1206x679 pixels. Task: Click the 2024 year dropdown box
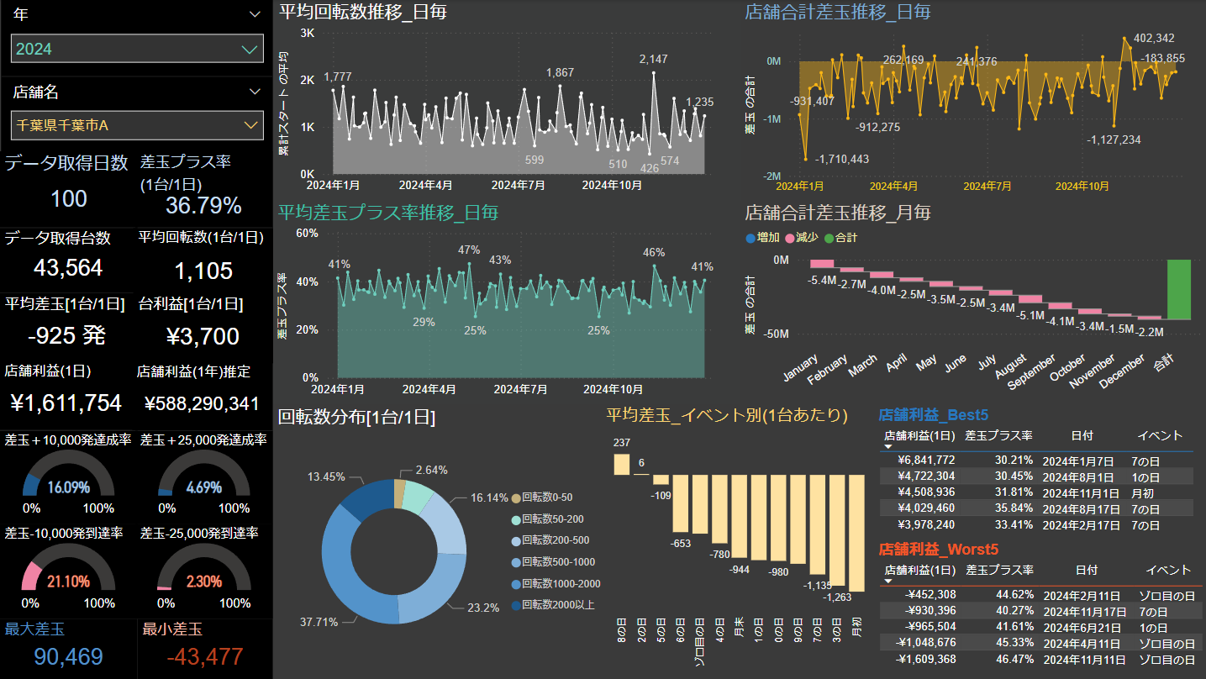137,49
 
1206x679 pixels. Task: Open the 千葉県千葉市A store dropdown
137,125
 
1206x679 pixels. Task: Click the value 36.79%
203,205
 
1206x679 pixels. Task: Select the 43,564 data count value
68,268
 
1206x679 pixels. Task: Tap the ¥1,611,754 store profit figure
66,403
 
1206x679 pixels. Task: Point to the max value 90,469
68,657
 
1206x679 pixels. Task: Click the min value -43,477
205,657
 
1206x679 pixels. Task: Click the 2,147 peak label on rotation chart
653,59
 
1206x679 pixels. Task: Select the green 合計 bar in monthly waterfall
1178,289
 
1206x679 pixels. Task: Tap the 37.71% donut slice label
319,622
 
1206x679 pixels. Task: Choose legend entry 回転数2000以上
558,604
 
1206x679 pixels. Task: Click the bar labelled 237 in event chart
622,464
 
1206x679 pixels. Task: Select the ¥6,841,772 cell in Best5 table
926,461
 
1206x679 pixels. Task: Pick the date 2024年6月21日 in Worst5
1078,627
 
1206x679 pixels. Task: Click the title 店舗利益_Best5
933,415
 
